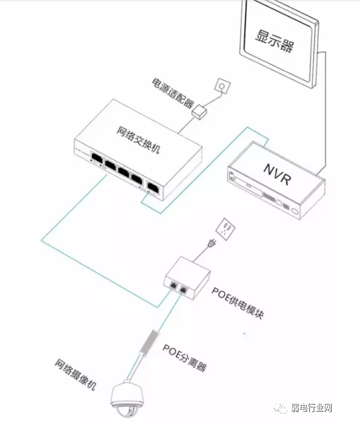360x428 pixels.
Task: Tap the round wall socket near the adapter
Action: coord(221,86)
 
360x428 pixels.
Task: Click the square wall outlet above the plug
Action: coord(226,226)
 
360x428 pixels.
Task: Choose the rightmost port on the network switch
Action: coord(152,186)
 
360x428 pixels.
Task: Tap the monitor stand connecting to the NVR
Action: coord(324,112)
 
